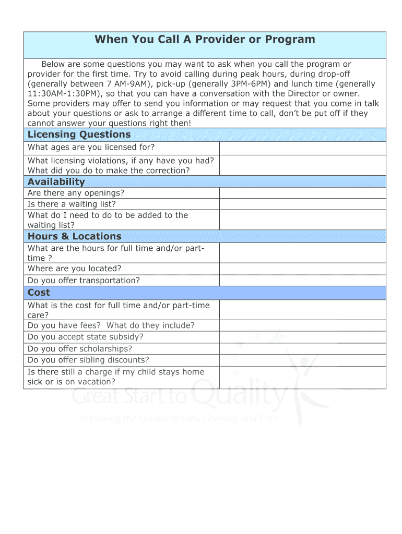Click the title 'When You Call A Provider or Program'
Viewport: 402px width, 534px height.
click(205, 40)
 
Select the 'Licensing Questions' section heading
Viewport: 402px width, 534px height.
click(79, 135)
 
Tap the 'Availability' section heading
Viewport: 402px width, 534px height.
click(56, 181)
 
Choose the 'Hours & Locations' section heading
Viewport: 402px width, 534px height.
click(74, 236)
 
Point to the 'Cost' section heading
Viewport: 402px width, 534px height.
click(39, 293)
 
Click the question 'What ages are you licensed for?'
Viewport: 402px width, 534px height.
click(91, 148)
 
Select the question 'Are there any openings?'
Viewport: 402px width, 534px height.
click(76, 193)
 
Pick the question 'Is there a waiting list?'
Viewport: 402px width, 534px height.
click(72, 204)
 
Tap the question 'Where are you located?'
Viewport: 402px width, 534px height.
click(74, 269)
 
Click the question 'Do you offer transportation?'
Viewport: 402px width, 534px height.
click(84, 281)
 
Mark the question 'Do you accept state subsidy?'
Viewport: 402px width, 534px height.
click(85, 337)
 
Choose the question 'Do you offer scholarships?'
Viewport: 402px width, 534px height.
click(79, 349)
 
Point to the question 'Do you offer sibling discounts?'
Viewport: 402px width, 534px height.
click(88, 360)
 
